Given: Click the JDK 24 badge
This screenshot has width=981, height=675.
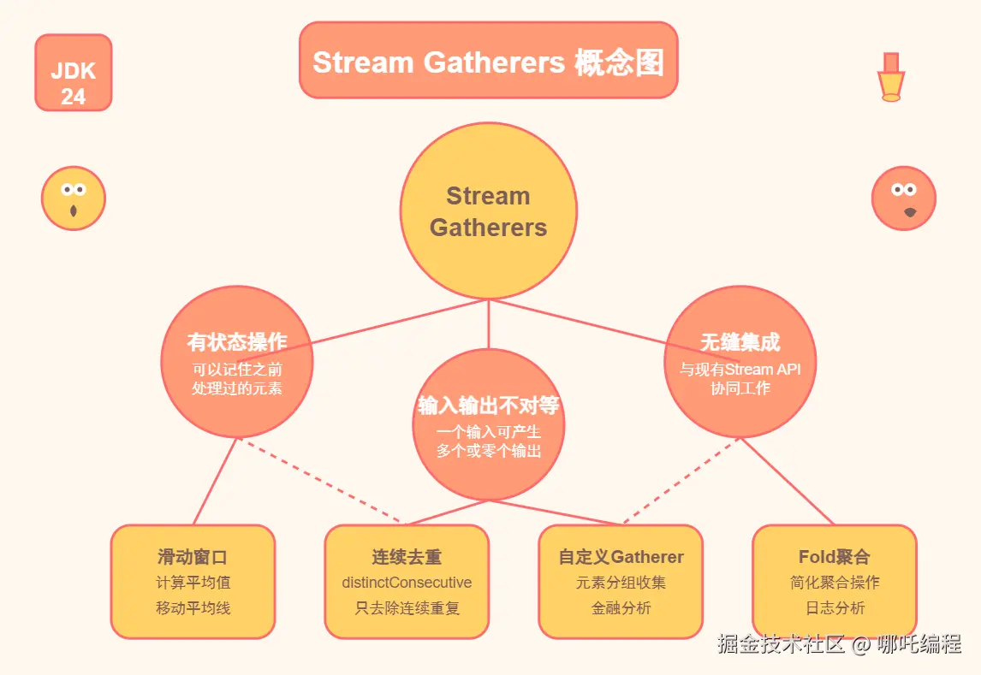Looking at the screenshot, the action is [74, 73].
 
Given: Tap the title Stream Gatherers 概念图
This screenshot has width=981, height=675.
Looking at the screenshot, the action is [488, 62].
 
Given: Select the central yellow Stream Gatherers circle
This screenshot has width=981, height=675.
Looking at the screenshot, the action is [488, 210].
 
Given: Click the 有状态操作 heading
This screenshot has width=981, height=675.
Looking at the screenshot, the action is [236, 341].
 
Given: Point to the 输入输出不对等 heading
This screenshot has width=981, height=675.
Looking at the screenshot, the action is [488, 405].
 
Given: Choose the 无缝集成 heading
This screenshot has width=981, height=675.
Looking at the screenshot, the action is [740, 342].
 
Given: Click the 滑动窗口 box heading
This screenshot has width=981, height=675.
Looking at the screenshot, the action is [193, 556].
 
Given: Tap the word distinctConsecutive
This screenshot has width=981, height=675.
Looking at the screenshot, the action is [407, 583].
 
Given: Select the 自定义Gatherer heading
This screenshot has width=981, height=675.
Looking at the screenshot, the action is [621, 556].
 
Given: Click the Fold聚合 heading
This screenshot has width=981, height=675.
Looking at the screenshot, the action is [834, 556].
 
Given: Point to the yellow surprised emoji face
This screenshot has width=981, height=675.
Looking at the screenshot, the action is [74, 198].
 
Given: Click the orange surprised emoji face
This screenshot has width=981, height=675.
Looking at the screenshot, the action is [903, 198].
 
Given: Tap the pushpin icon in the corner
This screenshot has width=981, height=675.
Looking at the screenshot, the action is [891, 77].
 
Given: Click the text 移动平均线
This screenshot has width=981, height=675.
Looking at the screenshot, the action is [193, 608].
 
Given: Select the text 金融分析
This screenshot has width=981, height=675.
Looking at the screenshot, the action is [621, 608].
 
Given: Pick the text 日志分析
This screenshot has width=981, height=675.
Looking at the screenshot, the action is [835, 608].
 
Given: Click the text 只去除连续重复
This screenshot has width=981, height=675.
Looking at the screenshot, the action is [407, 608].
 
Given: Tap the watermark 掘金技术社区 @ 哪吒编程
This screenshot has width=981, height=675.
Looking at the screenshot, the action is [839, 643].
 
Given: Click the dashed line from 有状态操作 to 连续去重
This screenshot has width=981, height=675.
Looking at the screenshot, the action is [320, 480].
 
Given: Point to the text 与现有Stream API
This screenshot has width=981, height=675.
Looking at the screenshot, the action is [740, 370].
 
